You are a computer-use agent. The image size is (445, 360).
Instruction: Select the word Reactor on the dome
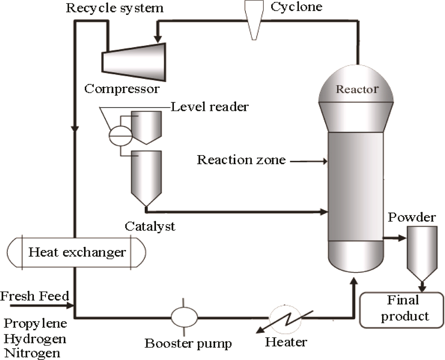[x=357, y=89]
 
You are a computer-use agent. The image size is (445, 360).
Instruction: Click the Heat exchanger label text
[x=77, y=252]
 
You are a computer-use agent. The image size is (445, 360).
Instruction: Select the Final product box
[x=402, y=309]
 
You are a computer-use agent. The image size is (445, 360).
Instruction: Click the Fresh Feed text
[x=35, y=297]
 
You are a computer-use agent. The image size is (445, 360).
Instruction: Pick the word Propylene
[x=35, y=323]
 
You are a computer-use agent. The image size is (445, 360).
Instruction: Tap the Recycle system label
[x=115, y=8]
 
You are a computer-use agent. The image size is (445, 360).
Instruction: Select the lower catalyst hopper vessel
[x=146, y=175]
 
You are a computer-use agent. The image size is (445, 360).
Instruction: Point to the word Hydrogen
[x=35, y=338]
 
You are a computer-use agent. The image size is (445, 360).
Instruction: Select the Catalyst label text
[x=150, y=226]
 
